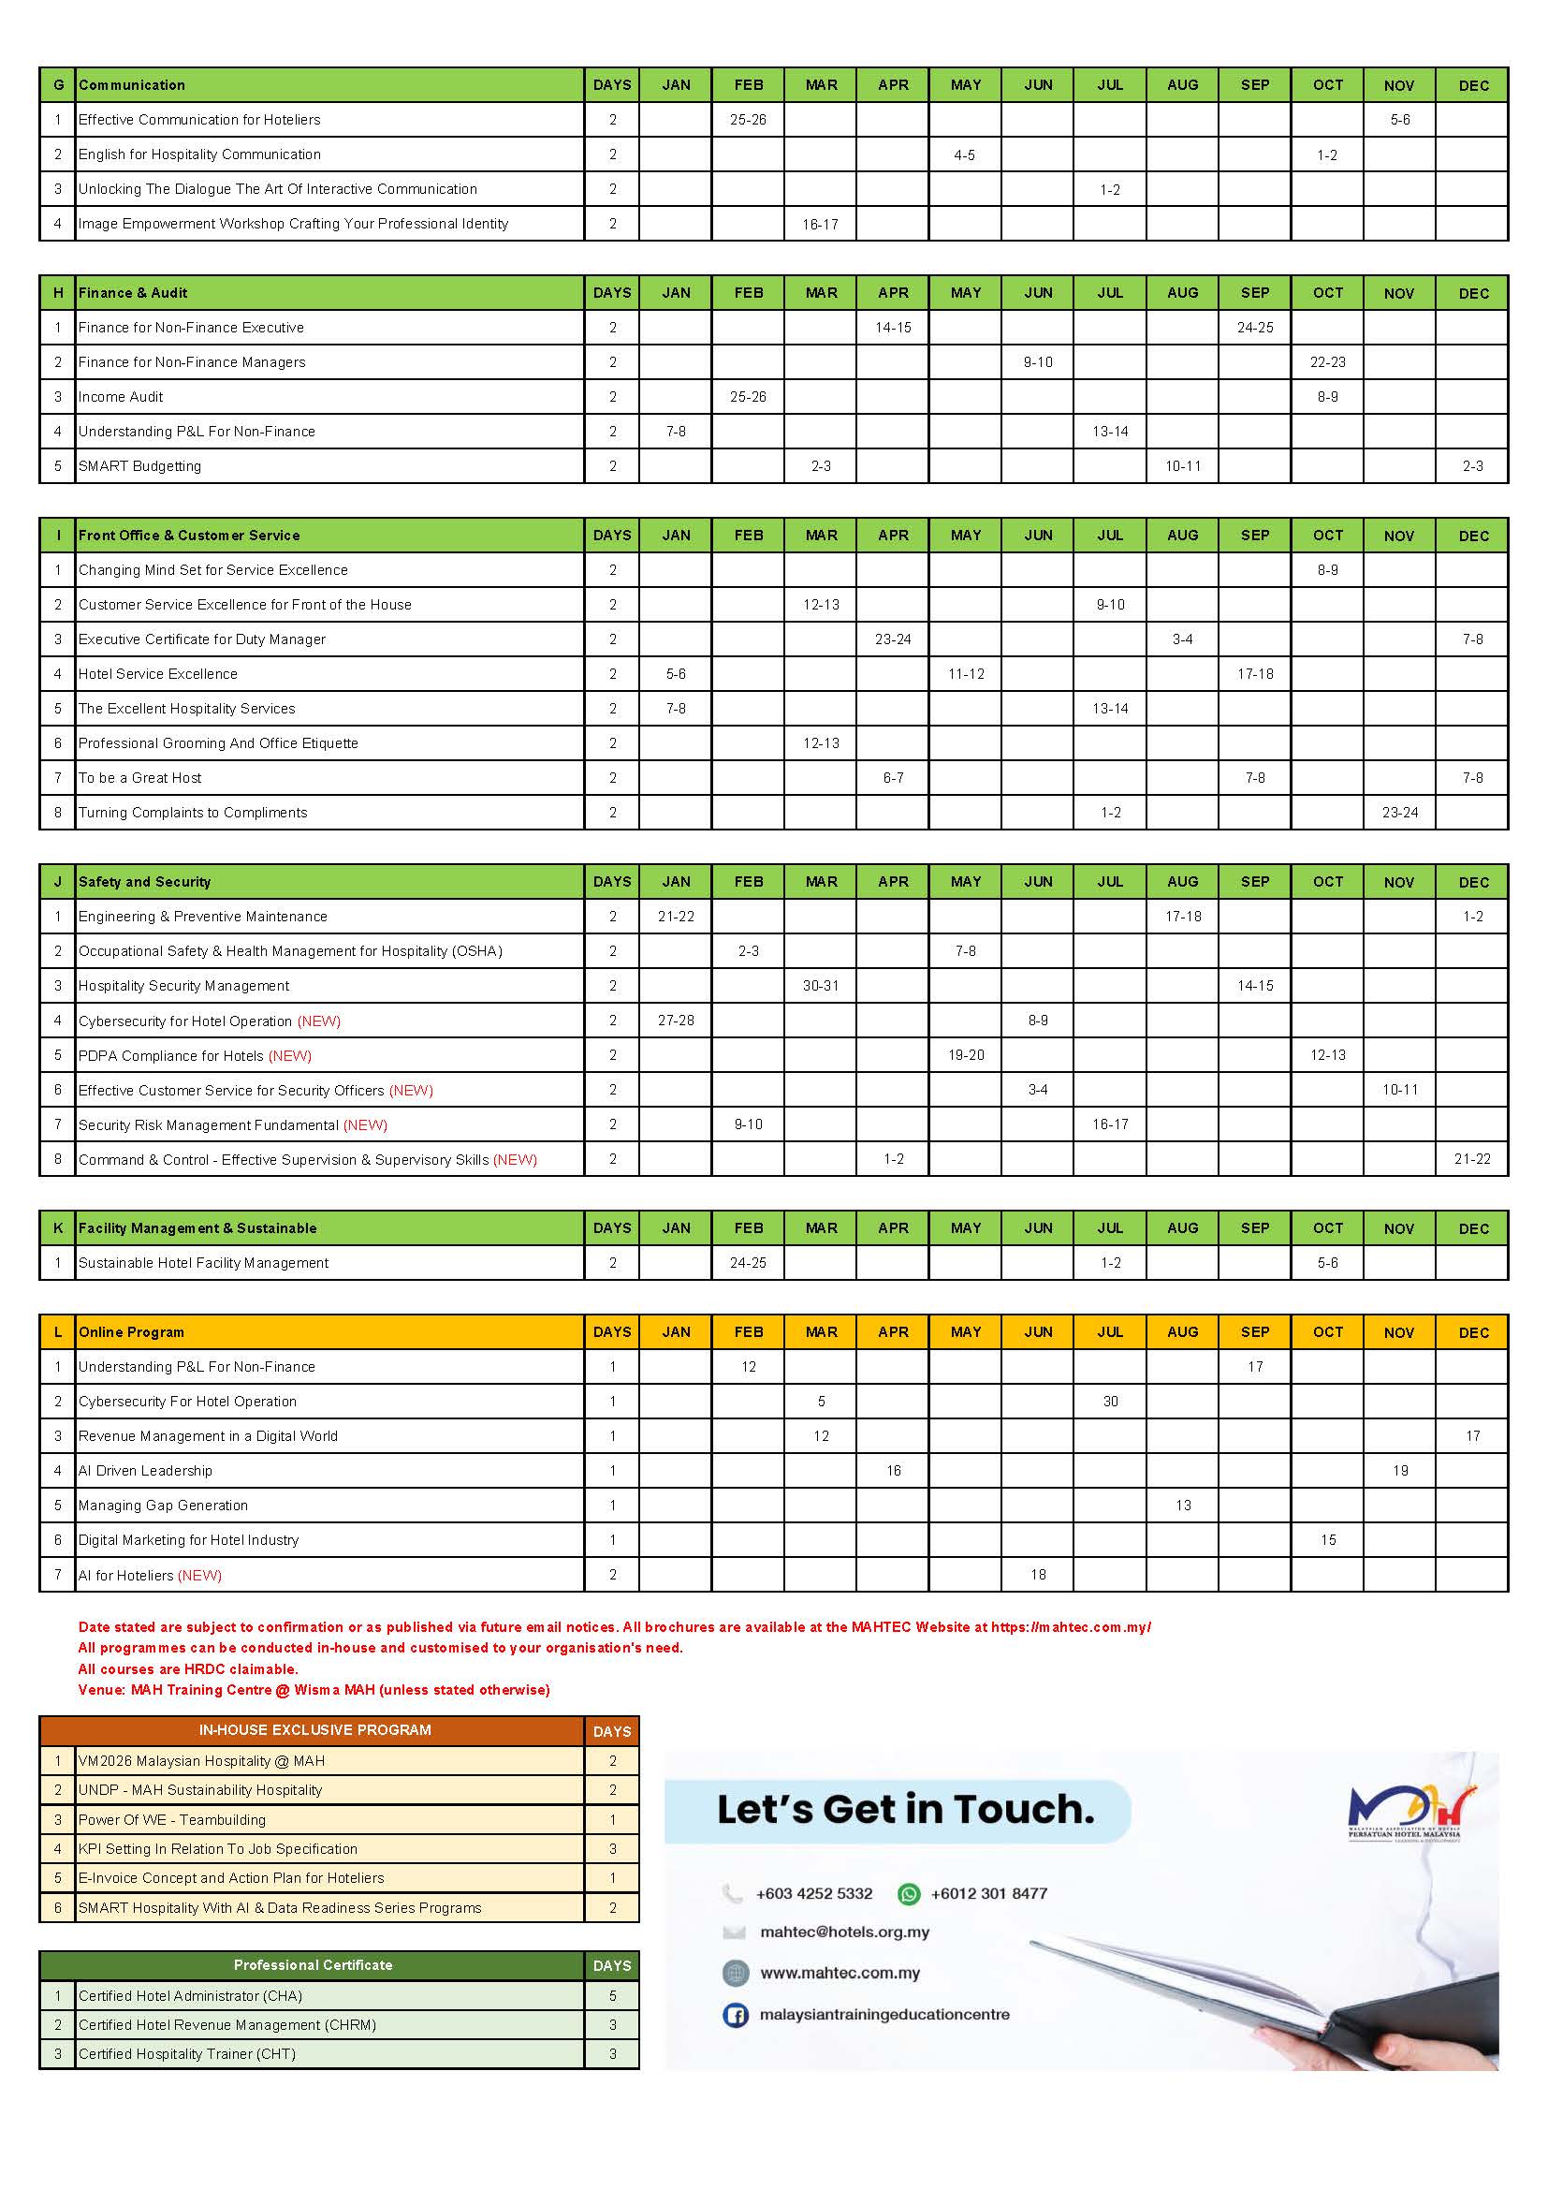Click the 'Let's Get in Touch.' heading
coord(905,1809)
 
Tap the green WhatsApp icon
coord(909,1893)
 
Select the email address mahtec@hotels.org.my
coord(844,1932)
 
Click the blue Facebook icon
coord(735,2015)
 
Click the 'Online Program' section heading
coord(131,1332)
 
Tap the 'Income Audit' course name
coord(121,397)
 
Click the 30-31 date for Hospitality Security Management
coord(821,986)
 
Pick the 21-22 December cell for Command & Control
coord(1472,1159)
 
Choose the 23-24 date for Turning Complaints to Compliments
coord(1399,813)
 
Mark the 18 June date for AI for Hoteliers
coord(1038,1575)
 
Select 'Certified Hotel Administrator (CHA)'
coord(190,1995)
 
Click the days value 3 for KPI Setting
coord(612,1848)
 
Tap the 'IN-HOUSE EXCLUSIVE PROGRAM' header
coord(314,1729)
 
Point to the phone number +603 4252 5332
coord(813,1893)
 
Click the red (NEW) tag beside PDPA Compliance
coord(290,1055)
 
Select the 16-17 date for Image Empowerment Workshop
coord(820,224)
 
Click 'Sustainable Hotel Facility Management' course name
coord(203,1262)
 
